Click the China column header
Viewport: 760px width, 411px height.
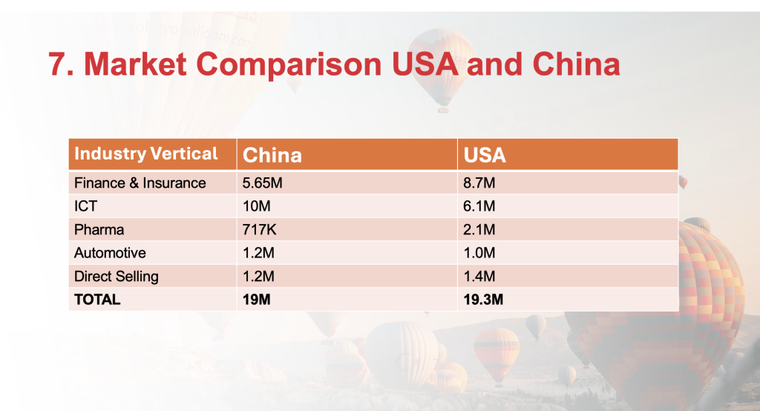[x=272, y=155]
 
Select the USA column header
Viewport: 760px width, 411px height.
[x=485, y=155]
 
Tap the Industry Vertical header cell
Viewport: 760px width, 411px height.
[x=146, y=154]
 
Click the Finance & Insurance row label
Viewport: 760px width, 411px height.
[x=140, y=183]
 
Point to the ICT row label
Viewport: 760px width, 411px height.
[x=86, y=206]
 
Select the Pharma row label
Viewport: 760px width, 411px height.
[x=99, y=229]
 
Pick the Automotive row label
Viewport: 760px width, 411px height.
[x=110, y=252]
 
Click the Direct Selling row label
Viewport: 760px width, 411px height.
[x=117, y=276]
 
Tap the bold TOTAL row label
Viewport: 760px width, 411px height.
[x=97, y=300]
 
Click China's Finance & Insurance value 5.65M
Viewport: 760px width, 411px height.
[x=262, y=183]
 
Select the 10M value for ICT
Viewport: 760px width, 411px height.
[x=256, y=206]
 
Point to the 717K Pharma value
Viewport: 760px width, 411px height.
[x=259, y=229]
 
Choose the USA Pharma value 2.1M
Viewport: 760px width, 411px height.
[x=479, y=229]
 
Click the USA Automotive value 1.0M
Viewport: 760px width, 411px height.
[x=479, y=252]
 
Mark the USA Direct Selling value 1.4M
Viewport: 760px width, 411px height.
[x=479, y=276]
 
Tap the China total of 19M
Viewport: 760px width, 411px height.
[x=256, y=300]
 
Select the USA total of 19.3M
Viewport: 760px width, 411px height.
[x=483, y=300]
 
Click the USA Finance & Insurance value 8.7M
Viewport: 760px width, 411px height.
[x=479, y=183]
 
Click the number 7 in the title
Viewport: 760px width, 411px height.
[x=57, y=64]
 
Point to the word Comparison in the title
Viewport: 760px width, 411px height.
[x=289, y=65]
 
